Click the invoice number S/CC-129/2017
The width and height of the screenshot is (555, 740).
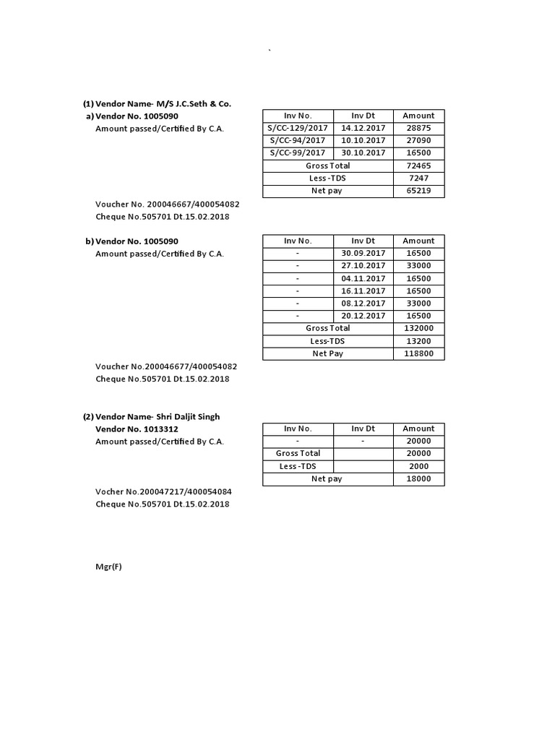(x=298, y=128)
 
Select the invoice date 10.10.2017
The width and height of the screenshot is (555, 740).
(x=363, y=140)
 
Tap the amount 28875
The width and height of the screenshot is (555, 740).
(x=418, y=128)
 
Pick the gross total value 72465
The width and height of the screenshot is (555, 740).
(x=418, y=165)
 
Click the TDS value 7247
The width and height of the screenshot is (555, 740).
(x=418, y=178)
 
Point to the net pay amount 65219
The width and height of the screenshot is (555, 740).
(x=418, y=191)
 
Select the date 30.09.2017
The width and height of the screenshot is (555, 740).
(x=363, y=254)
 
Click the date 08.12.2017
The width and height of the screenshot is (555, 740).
(x=363, y=304)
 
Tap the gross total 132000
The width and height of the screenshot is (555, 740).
(x=418, y=328)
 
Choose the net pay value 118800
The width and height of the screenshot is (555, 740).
(x=418, y=353)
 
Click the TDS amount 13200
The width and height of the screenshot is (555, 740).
(x=418, y=341)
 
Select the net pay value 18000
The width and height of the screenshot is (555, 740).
(x=418, y=478)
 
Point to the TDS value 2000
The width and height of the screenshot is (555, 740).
(x=418, y=466)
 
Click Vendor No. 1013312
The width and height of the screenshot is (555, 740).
(x=137, y=429)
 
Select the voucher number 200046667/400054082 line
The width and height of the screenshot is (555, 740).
(x=167, y=204)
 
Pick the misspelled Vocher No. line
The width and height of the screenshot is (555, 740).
(x=163, y=491)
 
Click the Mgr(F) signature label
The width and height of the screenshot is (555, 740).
(x=108, y=567)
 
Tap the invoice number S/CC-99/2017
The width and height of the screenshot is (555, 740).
(x=298, y=153)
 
